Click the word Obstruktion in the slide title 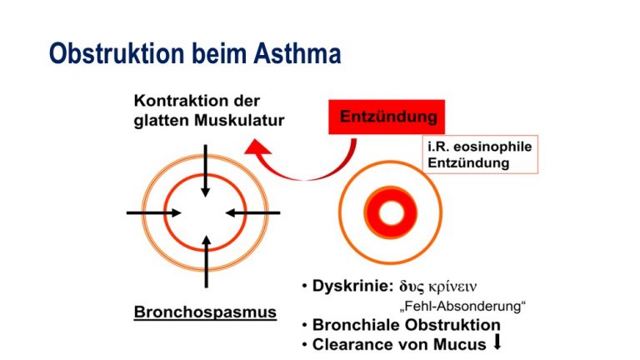click(x=117, y=54)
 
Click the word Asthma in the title click(x=297, y=54)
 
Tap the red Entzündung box click(x=387, y=117)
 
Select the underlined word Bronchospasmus click(x=205, y=312)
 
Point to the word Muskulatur click(x=239, y=120)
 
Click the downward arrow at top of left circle click(x=205, y=171)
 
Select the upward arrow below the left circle click(x=207, y=262)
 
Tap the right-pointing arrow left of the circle click(x=154, y=212)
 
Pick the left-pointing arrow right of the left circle click(x=252, y=212)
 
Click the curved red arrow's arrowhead click(x=257, y=147)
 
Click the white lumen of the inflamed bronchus click(x=391, y=213)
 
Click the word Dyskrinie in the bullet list click(x=352, y=286)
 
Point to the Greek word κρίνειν click(x=452, y=287)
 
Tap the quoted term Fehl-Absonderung click(x=462, y=306)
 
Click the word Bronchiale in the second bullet click(x=358, y=325)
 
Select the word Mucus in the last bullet click(x=460, y=344)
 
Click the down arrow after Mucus click(x=497, y=342)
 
